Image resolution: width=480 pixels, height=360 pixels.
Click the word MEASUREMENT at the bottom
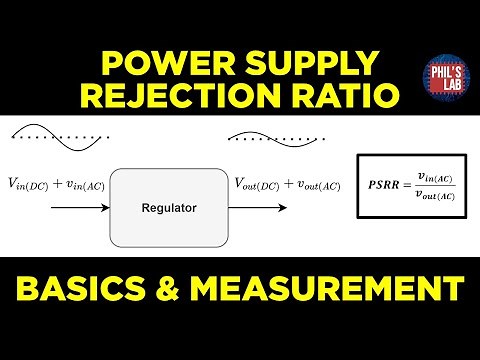coord(337,290)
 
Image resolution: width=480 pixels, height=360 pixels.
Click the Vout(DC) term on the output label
coord(257,184)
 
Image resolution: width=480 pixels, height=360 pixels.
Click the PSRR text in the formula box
coord(381,185)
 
